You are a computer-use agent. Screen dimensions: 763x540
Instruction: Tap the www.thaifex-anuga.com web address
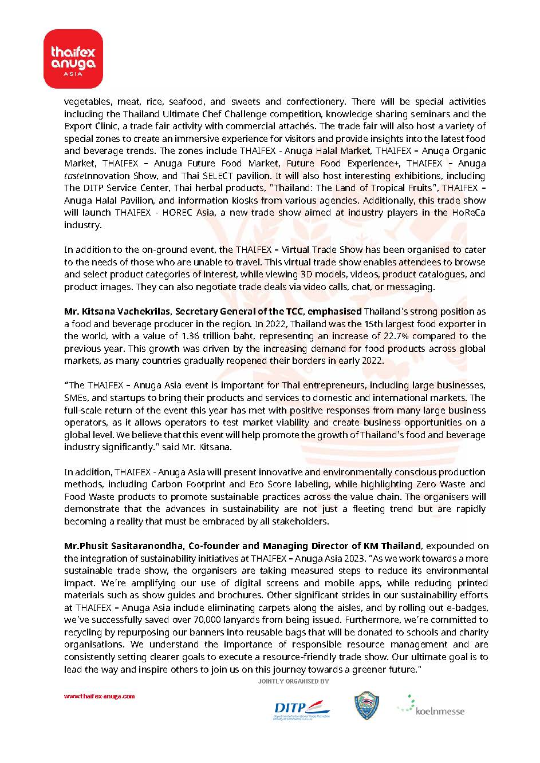(99, 696)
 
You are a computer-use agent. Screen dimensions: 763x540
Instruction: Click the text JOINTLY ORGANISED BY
(293, 681)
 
